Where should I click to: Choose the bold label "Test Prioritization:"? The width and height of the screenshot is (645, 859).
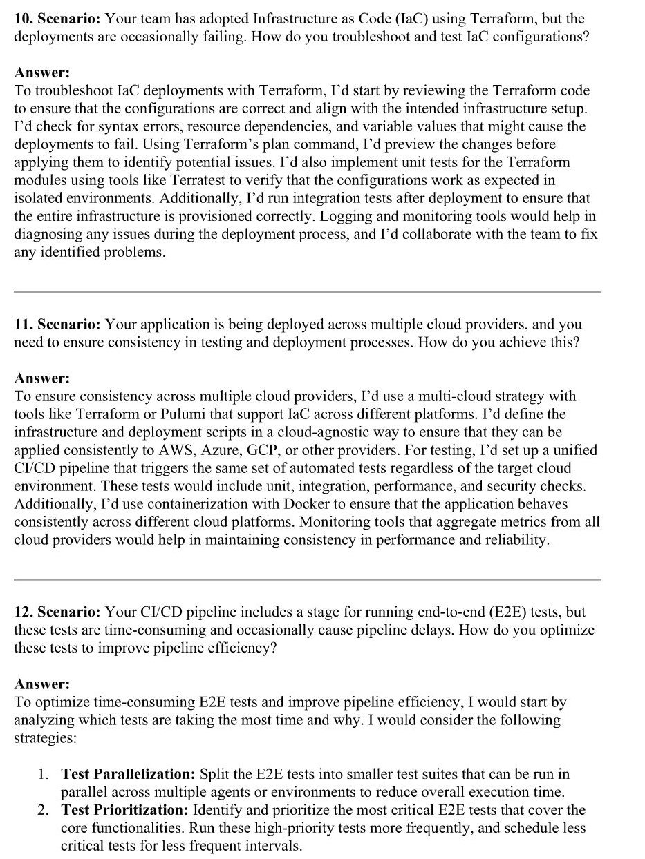pyautogui.click(x=125, y=810)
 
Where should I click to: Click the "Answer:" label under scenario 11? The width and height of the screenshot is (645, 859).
pyautogui.click(x=42, y=378)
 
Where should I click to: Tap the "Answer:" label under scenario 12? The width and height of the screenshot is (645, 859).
pyautogui.click(x=42, y=684)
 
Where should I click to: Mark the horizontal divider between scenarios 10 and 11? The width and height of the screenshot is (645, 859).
pyautogui.click(x=307, y=292)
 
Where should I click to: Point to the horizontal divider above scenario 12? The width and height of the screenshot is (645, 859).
pyautogui.click(x=307, y=580)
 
